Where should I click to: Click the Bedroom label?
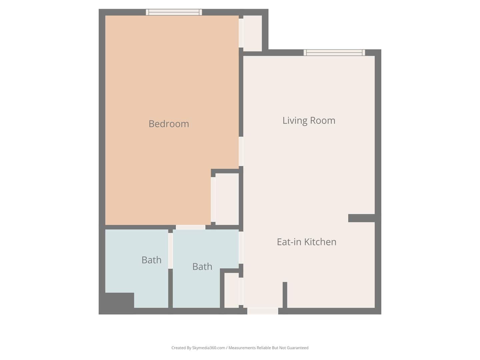pyautogui.click(x=169, y=124)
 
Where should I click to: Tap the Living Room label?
pyautogui.click(x=309, y=120)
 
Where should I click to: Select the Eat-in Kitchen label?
pyautogui.click(x=306, y=242)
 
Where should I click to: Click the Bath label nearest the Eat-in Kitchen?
pyautogui.click(x=202, y=266)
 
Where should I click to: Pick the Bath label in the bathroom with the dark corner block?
pyautogui.click(x=151, y=260)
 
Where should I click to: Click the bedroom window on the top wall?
pyautogui.click(x=174, y=12)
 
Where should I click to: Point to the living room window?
pyautogui.click(x=334, y=53)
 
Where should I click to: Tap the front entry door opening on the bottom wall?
pyautogui.click(x=263, y=311)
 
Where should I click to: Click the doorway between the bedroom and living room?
pyautogui.click(x=241, y=151)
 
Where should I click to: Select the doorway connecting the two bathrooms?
pyautogui.click(x=170, y=251)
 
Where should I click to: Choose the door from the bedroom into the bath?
pyautogui.click(x=190, y=227)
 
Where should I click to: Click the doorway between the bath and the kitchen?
pyautogui.click(x=241, y=248)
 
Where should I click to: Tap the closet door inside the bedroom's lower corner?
pyautogui.click(x=213, y=200)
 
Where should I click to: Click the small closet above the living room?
pyautogui.click(x=252, y=33)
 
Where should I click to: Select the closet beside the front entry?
pyautogui.click(x=232, y=290)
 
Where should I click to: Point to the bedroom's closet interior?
pyautogui.click(x=227, y=199)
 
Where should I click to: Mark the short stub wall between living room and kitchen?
pyautogui.click(x=361, y=218)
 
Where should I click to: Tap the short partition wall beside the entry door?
pyautogui.click(x=285, y=295)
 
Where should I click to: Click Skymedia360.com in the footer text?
pyautogui.click(x=208, y=348)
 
